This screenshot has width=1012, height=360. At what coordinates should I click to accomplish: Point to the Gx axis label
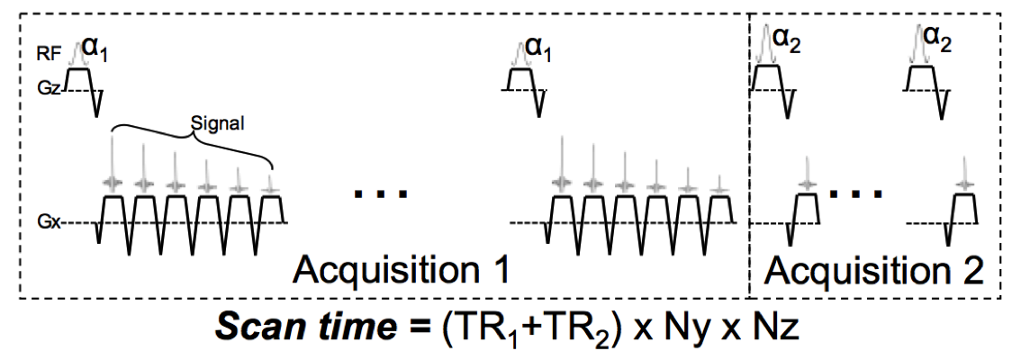[x=49, y=221]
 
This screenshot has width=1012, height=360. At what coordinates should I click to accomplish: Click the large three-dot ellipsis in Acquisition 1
[x=381, y=193]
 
